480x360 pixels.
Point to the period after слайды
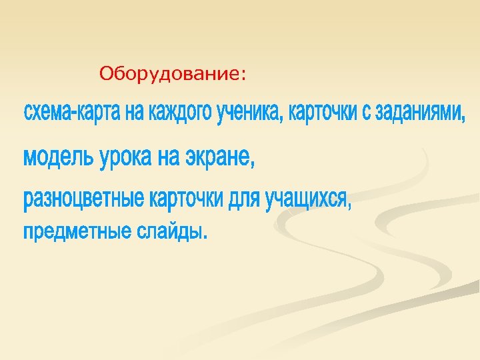(x=204, y=237)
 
